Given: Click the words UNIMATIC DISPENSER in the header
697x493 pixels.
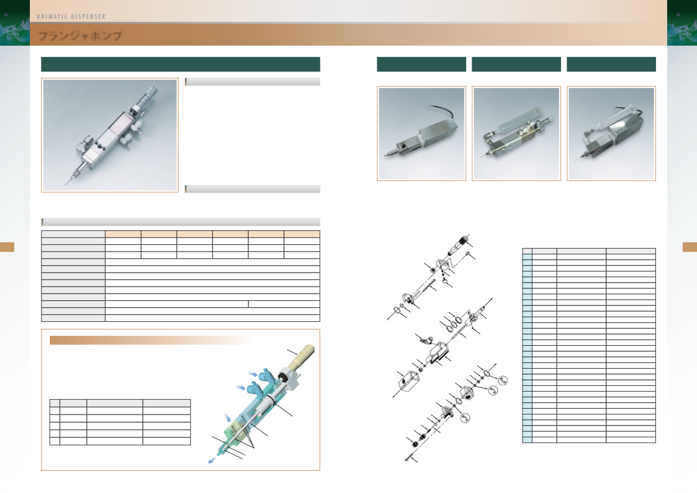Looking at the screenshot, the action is (71, 16).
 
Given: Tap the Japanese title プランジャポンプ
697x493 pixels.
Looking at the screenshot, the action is (80, 36).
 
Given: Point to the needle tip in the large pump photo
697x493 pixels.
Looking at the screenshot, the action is (66, 184).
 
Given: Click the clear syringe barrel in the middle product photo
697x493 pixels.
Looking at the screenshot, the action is (519, 118).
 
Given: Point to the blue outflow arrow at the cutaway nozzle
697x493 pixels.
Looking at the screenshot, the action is (213, 461).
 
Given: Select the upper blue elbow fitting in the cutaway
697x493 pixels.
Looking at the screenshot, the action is (266, 375).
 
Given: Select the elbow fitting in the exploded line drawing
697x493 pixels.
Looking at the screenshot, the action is (425, 341).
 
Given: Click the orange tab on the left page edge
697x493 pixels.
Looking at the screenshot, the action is (7, 247).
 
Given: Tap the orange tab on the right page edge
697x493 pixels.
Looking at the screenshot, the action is (690, 247).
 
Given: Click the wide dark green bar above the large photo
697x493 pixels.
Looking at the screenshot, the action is (180, 64).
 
